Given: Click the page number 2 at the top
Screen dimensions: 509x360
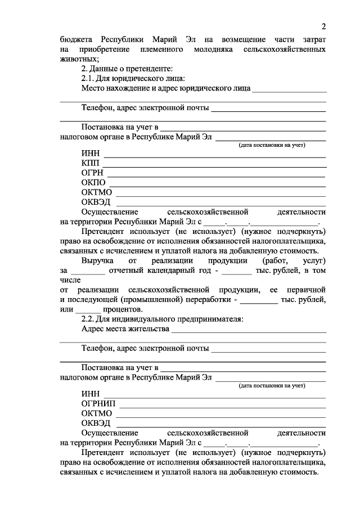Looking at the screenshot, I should [324, 26].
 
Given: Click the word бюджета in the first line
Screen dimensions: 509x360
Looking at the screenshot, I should [77, 40].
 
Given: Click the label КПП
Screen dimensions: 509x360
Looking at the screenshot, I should [91, 163].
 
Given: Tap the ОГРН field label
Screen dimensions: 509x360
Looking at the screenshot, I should [92, 173].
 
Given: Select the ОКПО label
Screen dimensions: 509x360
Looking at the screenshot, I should [93, 182].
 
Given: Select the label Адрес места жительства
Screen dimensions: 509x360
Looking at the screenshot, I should [125, 328].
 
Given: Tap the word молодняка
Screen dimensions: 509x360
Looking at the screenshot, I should [206, 50].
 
